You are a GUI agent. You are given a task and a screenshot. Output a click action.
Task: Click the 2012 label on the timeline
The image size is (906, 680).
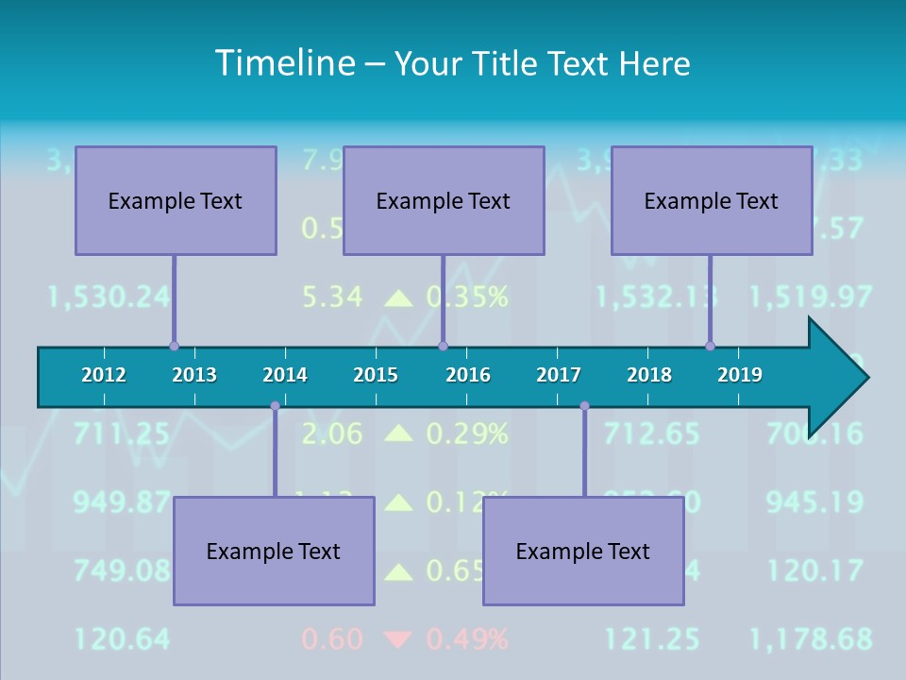[x=104, y=375]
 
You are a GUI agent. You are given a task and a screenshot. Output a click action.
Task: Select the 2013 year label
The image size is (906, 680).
[x=194, y=375]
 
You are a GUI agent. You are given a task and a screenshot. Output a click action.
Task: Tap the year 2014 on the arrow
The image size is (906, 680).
[x=285, y=375]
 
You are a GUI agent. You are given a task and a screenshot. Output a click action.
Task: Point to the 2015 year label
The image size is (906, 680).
[x=376, y=375]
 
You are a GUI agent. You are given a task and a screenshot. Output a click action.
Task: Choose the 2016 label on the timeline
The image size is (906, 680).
[x=468, y=375]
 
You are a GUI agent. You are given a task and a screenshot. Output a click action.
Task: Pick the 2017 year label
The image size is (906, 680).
[x=559, y=375]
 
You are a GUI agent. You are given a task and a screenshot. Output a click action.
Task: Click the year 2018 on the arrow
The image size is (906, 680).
[x=649, y=375]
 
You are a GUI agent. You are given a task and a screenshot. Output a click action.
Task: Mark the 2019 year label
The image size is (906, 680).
[x=740, y=375]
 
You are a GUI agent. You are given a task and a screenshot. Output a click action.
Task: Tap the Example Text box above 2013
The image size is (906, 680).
[x=176, y=200]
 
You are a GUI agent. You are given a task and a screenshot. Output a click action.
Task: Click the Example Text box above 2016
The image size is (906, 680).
[x=444, y=200]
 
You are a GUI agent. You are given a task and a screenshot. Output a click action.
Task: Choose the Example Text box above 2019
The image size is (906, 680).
[x=712, y=200]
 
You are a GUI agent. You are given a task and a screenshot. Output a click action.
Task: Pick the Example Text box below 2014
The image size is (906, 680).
[x=274, y=551]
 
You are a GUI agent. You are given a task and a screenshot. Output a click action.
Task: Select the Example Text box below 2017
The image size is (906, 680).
[x=583, y=551]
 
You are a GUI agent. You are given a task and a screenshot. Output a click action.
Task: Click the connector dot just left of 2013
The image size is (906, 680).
[x=174, y=347]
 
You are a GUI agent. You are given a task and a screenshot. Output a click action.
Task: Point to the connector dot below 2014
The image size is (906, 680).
[x=275, y=406]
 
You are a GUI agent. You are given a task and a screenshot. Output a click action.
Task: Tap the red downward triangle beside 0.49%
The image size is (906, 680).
[x=399, y=639]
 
